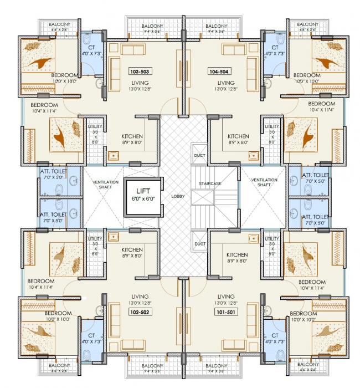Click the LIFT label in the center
click(142, 190)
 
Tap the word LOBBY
click(177, 196)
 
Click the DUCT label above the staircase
click(199, 155)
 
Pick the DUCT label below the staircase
click(199, 243)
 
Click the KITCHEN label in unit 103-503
click(132, 136)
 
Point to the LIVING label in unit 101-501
click(227, 296)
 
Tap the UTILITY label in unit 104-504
click(271, 126)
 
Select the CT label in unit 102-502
click(92, 335)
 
